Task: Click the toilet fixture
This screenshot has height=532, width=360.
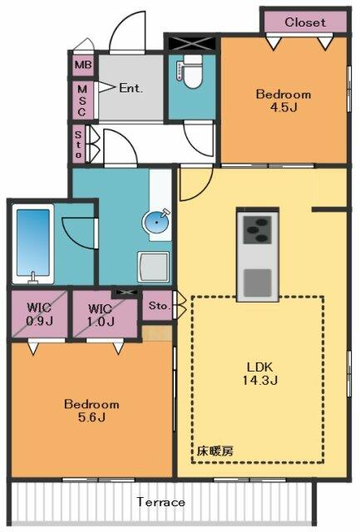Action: click(190, 71)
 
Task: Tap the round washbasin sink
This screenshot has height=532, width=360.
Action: click(156, 222)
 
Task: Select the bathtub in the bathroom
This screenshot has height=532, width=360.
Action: click(33, 244)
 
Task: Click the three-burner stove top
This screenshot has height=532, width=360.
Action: click(258, 230)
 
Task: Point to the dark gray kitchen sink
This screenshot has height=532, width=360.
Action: click(258, 283)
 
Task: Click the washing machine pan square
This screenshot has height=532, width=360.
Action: click(153, 267)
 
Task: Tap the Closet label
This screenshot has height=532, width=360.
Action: click(305, 22)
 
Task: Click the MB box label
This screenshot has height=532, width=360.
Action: click(83, 64)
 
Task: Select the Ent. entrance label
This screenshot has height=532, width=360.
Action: click(131, 89)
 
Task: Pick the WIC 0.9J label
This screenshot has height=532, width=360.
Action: click(40, 314)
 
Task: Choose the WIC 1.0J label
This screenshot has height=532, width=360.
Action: click(100, 315)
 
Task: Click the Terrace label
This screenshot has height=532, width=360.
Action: click(161, 502)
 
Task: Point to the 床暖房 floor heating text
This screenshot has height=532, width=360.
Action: click(215, 451)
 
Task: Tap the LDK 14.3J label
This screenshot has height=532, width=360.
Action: click(260, 373)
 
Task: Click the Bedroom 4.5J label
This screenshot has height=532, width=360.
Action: click(284, 101)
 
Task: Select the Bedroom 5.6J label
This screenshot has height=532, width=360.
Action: click(91, 411)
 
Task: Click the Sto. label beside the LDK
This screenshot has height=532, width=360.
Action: click(159, 306)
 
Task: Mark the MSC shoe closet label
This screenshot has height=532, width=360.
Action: click(82, 101)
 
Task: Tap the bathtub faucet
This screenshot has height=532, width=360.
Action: click(33, 278)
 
